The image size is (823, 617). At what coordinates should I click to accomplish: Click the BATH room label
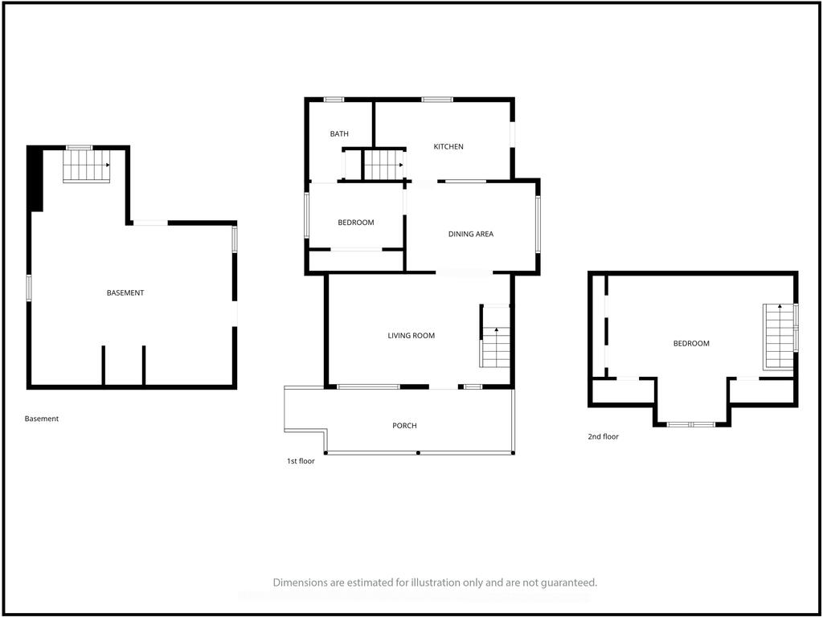click(x=339, y=134)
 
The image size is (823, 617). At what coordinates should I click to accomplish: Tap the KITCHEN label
click(x=448, y=146)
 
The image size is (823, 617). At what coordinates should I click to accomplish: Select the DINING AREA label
click(x=471, y=234)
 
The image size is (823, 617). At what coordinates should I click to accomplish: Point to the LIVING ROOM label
click(x=411, y=335)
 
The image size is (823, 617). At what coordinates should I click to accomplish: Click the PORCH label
click(x=405, y=426)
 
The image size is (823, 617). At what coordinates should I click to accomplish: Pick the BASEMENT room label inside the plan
click(x=125, y=292)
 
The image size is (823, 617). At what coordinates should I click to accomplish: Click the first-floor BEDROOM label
click(x=356, y=223)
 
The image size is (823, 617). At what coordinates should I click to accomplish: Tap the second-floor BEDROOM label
click(x=691, y=343)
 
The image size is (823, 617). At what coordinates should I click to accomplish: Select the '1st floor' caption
click(x=301, y=461)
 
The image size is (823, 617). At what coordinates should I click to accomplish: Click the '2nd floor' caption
click(x=603, y=436)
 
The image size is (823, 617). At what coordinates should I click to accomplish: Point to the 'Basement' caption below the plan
click(x=42, y=419)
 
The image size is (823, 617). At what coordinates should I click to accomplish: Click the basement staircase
click(x=87, y=165)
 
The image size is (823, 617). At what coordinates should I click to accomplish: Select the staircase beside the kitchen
click(x=383, y=165)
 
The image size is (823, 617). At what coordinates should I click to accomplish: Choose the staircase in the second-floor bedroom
click(x=779, y=337)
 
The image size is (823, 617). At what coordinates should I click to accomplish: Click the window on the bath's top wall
click(x=334, y=100)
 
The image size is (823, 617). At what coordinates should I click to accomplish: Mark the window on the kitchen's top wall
click(x=437, y=100)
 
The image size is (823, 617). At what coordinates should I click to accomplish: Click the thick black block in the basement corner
click(x=35, y=179)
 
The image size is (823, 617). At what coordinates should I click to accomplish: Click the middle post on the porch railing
click(x=418, y=452)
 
